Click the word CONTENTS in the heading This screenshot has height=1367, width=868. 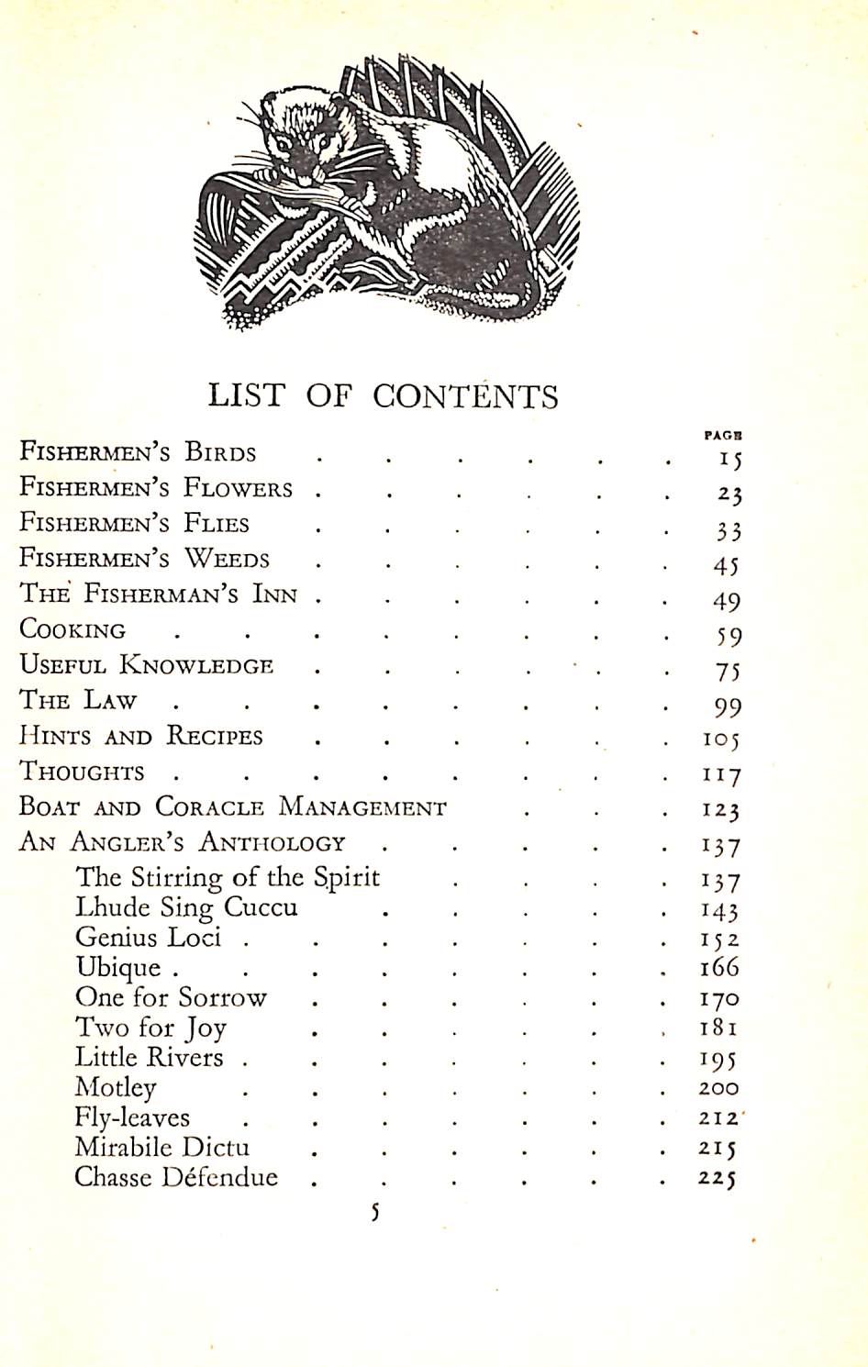[x=465, y=395]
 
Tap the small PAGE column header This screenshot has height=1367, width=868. [x=723, y=437]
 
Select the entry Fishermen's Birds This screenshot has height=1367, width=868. [x=138, y=452]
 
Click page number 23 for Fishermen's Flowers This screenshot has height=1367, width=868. [x=729, y=495]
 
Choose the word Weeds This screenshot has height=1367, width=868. [x=227, y=559]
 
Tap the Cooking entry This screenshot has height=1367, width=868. [x=72, y=630]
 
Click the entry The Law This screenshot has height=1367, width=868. [x=78, y=701]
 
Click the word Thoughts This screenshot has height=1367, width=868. [x=82, y=772]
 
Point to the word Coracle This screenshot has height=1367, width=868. [x=210, y=807]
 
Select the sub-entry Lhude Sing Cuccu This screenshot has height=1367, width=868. [x=186, y=908]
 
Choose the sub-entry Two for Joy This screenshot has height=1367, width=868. [x=150, y=1028]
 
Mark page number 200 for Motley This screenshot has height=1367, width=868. [x=718, y=1088]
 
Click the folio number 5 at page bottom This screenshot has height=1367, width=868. [x=374, y=1213]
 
